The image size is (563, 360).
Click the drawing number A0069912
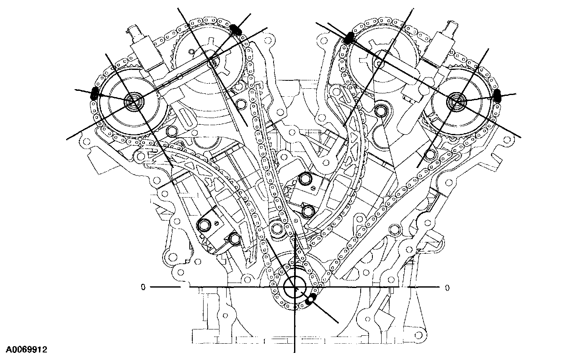[x=27, y=350]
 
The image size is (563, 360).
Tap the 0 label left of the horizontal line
[x=143, y=287]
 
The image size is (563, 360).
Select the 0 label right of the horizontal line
[x=447, y=288]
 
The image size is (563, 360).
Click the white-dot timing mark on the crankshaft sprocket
[x=311, y=299]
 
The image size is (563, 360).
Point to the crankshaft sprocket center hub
[x=294, y=287]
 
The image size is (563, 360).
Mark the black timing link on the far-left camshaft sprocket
[x=95, y=93]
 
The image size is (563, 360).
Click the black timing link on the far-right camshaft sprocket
[x=497, y=95]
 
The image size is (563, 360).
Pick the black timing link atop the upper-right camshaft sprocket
[x=349, y=39]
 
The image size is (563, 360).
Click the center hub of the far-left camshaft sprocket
[x=134, y=101]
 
